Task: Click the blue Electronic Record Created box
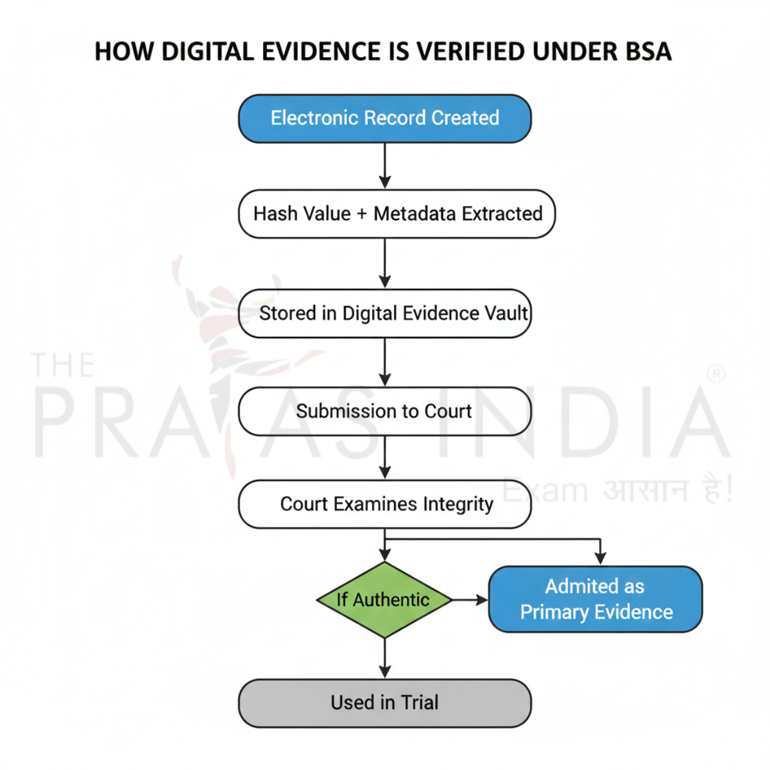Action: click(x=384, y=119)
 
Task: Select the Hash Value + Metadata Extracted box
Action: click(x=397, y=214)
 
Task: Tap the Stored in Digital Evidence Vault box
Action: click(x=384, y=313)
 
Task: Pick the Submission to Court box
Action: click(x=384, y=411)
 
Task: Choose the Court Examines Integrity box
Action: click(x=384, y=504)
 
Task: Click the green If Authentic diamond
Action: click(x=384, y=600)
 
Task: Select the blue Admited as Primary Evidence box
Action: click(x=595, y=599)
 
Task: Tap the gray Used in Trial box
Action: click(x=384, y=703)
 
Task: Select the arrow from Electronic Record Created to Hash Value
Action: click(x=384, y=166)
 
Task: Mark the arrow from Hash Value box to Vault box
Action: click(x=384, y=263)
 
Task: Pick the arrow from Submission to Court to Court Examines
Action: click(x=384, y=457)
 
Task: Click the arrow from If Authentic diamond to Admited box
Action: click(x=470, y=600)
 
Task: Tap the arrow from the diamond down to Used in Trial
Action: click(x=384, y=658)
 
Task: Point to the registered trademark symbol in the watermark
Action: click(x=716, y=374)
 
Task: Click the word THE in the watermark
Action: click(x=62, y=366)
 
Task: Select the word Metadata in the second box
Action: click(x=415, y=214)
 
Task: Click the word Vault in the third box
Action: click(x=507, y=313)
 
